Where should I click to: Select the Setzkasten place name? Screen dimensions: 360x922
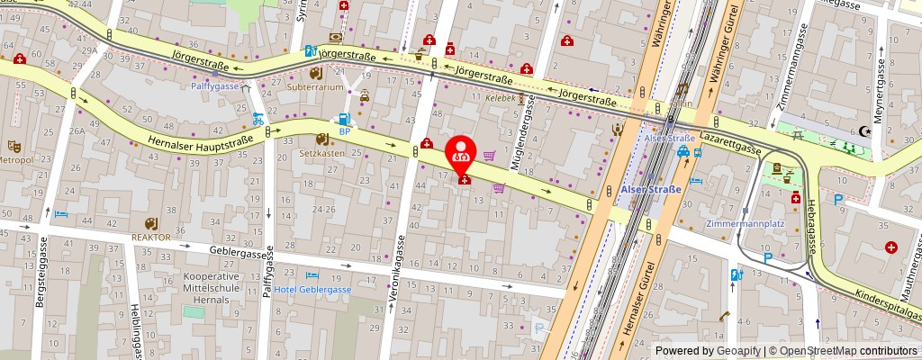pyautogui.click(x=322, y=153)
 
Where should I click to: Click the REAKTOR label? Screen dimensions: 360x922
pyautogui.click(x=151, y=237)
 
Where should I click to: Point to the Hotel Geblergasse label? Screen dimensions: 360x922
pyautogui.click(x=312, y=289)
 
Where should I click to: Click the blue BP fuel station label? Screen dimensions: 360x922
pyautogui.click(x=344, y=130)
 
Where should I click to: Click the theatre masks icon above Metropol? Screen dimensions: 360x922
pyautogui.click(x=14, y=146)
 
